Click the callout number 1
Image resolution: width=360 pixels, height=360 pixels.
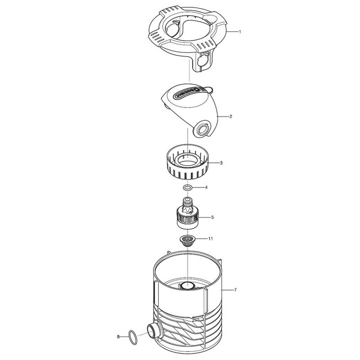(240, 31)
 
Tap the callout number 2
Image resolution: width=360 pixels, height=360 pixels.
(231, 117)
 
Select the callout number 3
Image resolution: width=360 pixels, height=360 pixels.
(221, 163)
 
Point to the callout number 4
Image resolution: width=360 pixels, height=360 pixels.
(206, 188)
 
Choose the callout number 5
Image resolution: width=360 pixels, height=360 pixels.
(212, 217)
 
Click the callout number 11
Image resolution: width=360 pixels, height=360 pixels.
(211, 238)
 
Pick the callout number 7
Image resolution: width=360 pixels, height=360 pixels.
(235, 290)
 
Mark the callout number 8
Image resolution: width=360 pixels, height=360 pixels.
(118, 337)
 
